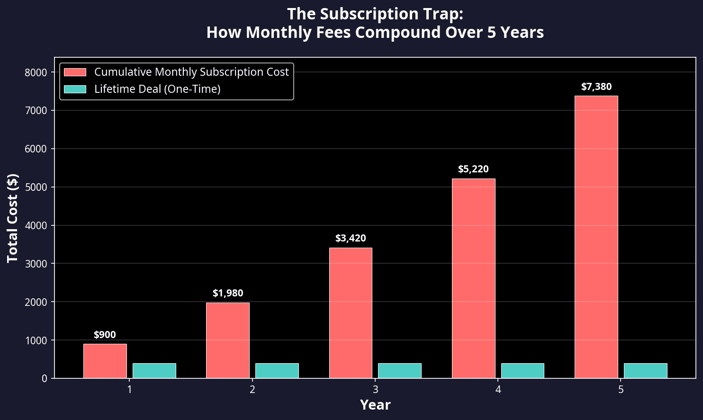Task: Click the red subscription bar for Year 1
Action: pyautogui.click(x=105, y=361)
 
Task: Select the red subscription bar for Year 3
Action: pyautogui.click(x=351, y=313)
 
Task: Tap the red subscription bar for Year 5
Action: pyautogui.click(x=596, y=237)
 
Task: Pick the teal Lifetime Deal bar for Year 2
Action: pyautogui.click(x=277, y=371)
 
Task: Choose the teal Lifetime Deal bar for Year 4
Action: pyautogui.click(x=523, y=371)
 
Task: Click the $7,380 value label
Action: pyautogui.click(x=596, y=87)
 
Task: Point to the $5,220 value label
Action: pyautogui.click(x=473, y=169)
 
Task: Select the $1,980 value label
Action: pyautogui.click(x=228, y=293)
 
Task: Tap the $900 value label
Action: pyautogui.click(x=105, y=335)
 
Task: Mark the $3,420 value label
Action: pyautogui.click(x=351, y=238)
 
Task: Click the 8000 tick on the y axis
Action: pyautogui.click(x=36, y=72)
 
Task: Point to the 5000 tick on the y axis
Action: pyautogui.click(x=36, y=187)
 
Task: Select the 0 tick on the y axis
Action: pyautogui.click(x=44, y=378)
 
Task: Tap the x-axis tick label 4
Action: pyautogui.click(x=498, y=390)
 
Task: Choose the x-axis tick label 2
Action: pyautogui.click(x=252, y=390)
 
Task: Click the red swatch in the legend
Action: pyautogui.click(x=75, y=72)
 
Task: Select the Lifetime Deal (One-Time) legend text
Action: pyautogui.click(x=157, y=89)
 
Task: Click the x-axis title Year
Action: pyautogui.click(x=375, y=405)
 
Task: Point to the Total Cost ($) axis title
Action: pyautogui.click(x=13, y=218)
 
